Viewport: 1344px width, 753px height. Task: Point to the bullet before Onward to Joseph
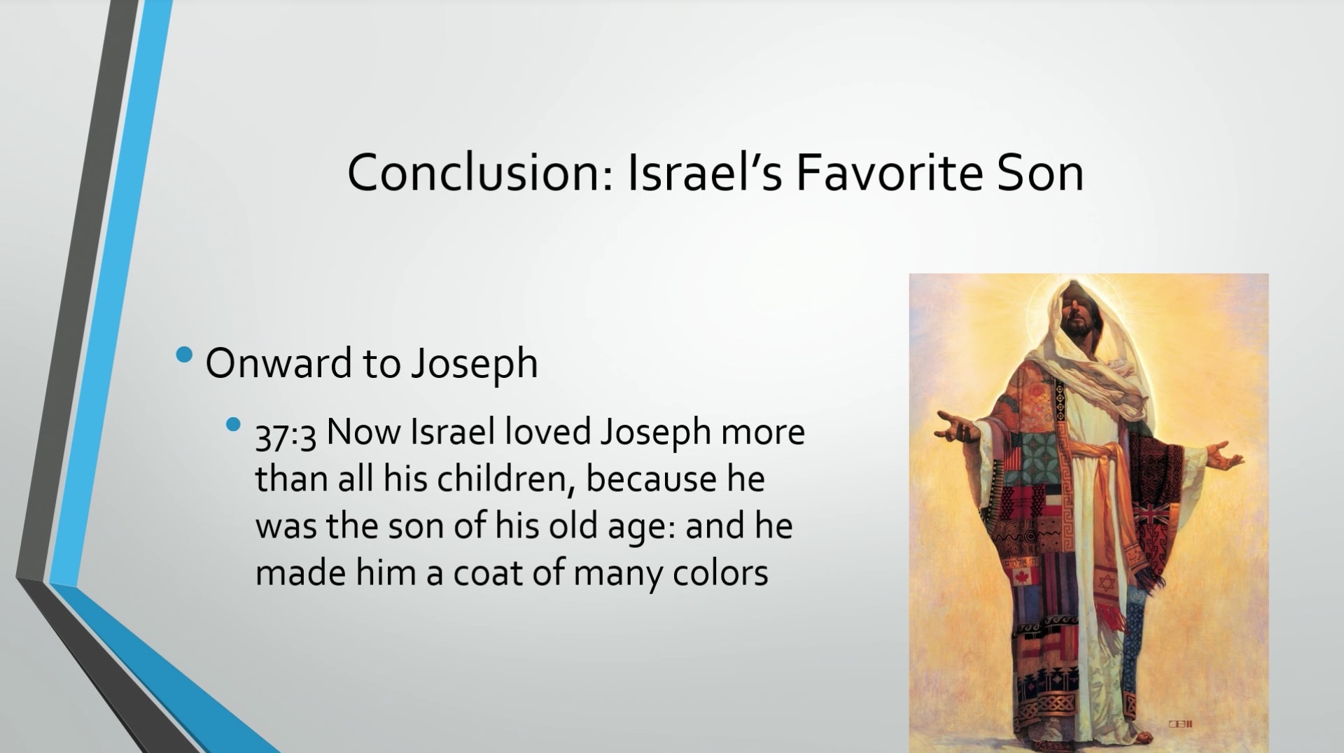[185, 355]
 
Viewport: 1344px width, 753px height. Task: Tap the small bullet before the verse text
[233, 424]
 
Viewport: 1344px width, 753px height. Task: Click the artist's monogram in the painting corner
[1180, 724]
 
